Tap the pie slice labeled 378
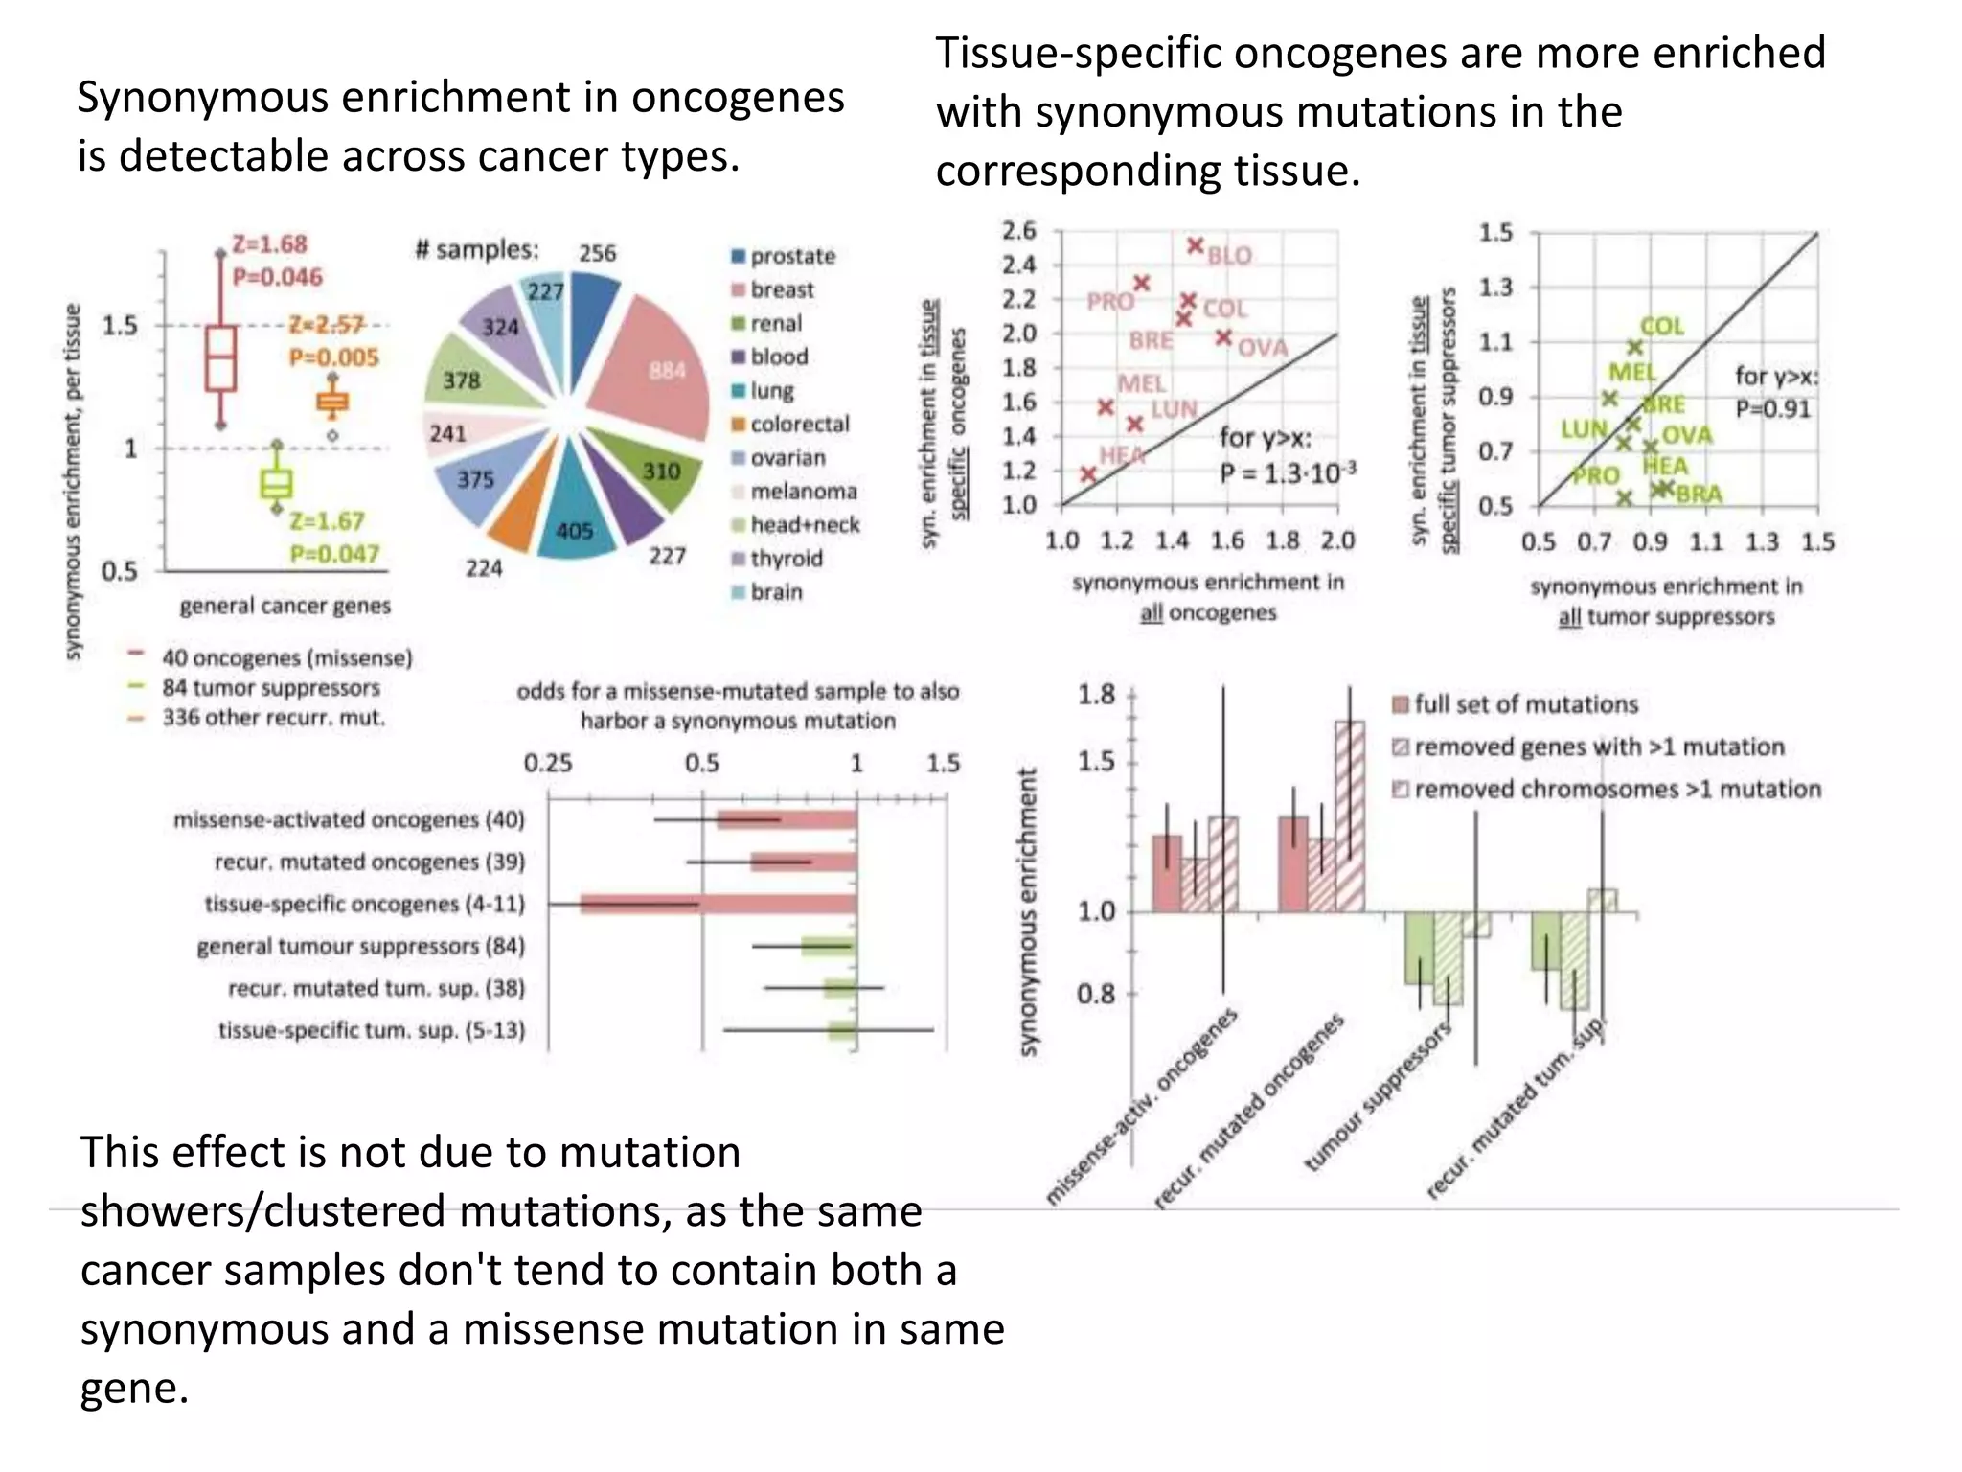point(469,379)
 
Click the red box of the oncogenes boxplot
point(221,357)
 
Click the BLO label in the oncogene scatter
point(1229,256)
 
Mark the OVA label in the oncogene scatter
point(1263,348)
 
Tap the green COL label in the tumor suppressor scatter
point(1662,326)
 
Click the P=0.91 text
point(1772,409)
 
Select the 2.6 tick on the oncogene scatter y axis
point(1019,231)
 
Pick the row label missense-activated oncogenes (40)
point(349,819)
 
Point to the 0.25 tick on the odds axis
point(548,764)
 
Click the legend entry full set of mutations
point(1525,704)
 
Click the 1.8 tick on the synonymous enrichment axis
point(1096,694)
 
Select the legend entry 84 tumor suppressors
point(270,688)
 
